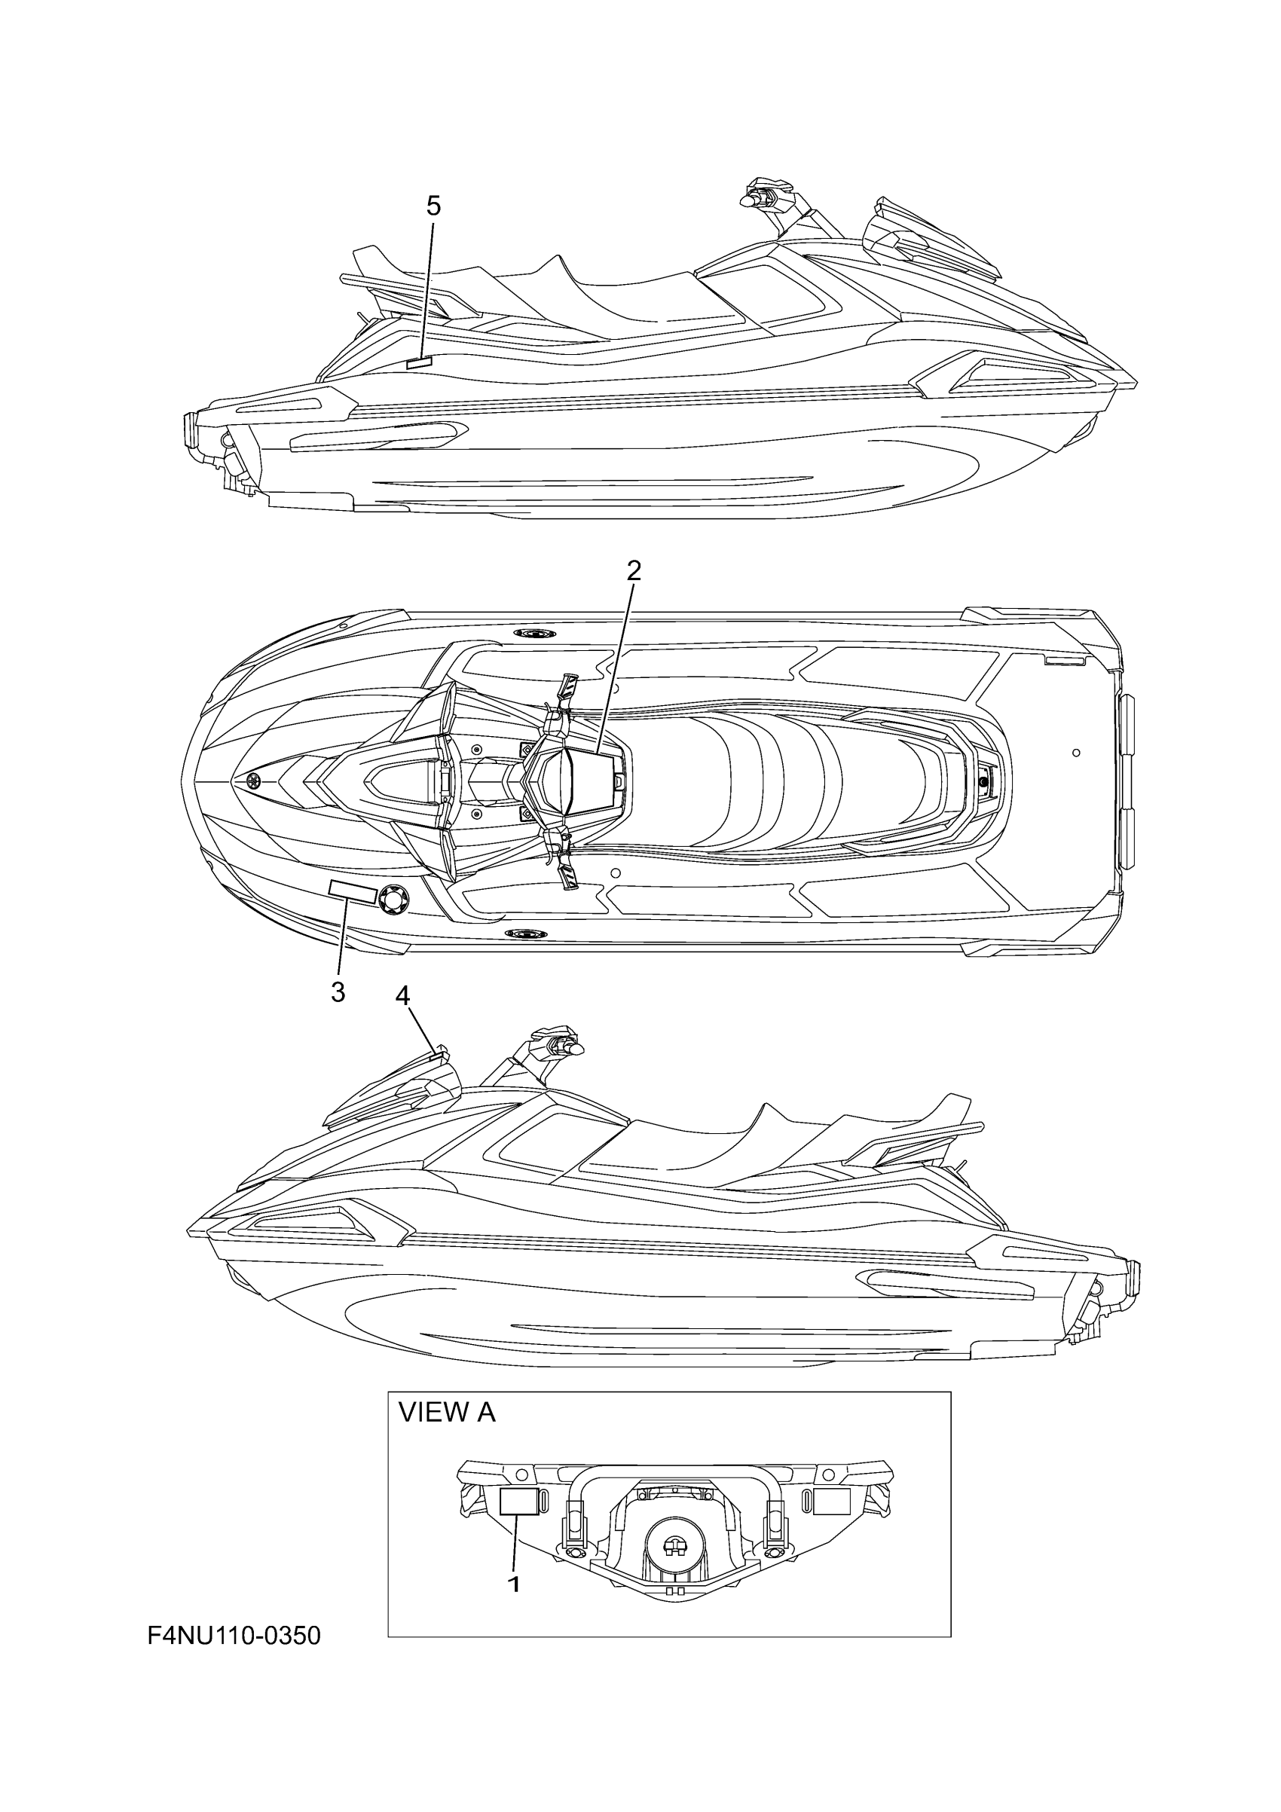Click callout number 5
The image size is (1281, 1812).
pos(433,206)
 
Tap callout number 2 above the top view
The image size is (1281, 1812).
pos(634,570)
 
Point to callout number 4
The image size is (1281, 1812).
pos(402,997)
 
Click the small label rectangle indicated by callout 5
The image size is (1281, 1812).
pos(418,363)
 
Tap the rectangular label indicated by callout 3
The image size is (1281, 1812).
pos(352,891)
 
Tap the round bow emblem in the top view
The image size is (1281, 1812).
pos(254,781)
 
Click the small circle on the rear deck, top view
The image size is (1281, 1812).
pos(1077,753)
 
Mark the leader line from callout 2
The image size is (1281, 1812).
pos(616,663)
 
